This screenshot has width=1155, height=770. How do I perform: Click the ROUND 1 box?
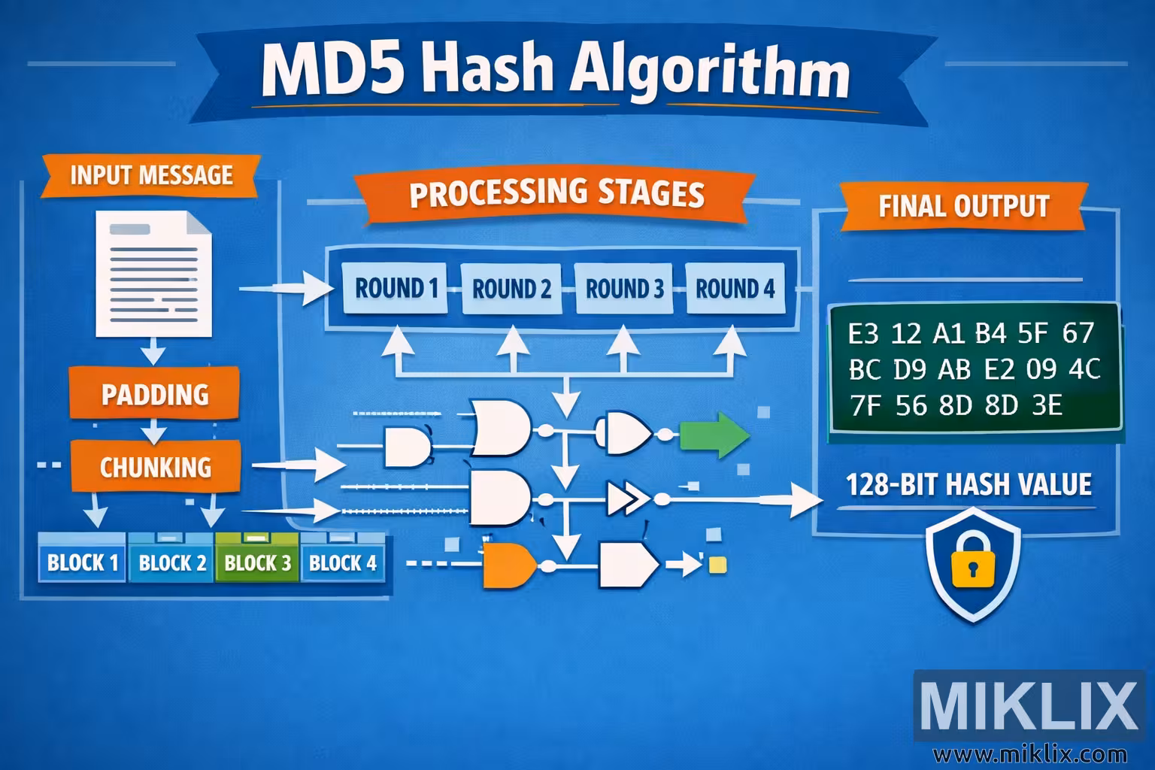[x=396, y=289]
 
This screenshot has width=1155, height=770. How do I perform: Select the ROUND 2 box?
[x=511, y=289]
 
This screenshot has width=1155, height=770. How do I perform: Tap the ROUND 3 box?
[x=624, y=289]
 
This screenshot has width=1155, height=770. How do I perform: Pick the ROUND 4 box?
[x=735, y=289]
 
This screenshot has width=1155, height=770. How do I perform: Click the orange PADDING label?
[x=155, y=394]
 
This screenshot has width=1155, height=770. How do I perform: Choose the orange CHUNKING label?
[x=156, y=467]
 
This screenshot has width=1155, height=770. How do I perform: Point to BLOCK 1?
[x=83, y=562]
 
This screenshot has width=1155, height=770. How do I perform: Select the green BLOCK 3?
[x=257, y=562]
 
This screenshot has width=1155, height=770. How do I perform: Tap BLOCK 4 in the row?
[x=343, y=562]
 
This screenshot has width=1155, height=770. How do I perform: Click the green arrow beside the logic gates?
[x=714, y=435]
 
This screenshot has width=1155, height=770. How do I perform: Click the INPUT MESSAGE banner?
[x=151, y=175]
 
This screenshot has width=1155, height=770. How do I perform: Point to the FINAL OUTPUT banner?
[x=963, y=206]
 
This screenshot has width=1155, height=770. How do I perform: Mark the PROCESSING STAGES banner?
[x=556, y=193]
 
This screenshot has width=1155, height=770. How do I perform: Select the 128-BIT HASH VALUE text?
[x=969, y=484]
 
